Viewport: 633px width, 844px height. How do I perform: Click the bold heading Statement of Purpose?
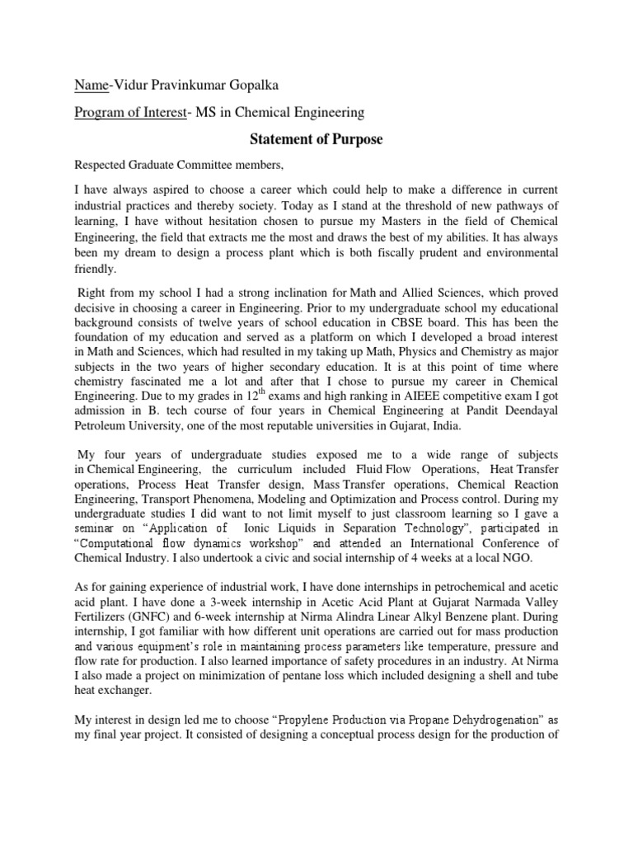[x=316, y=140]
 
